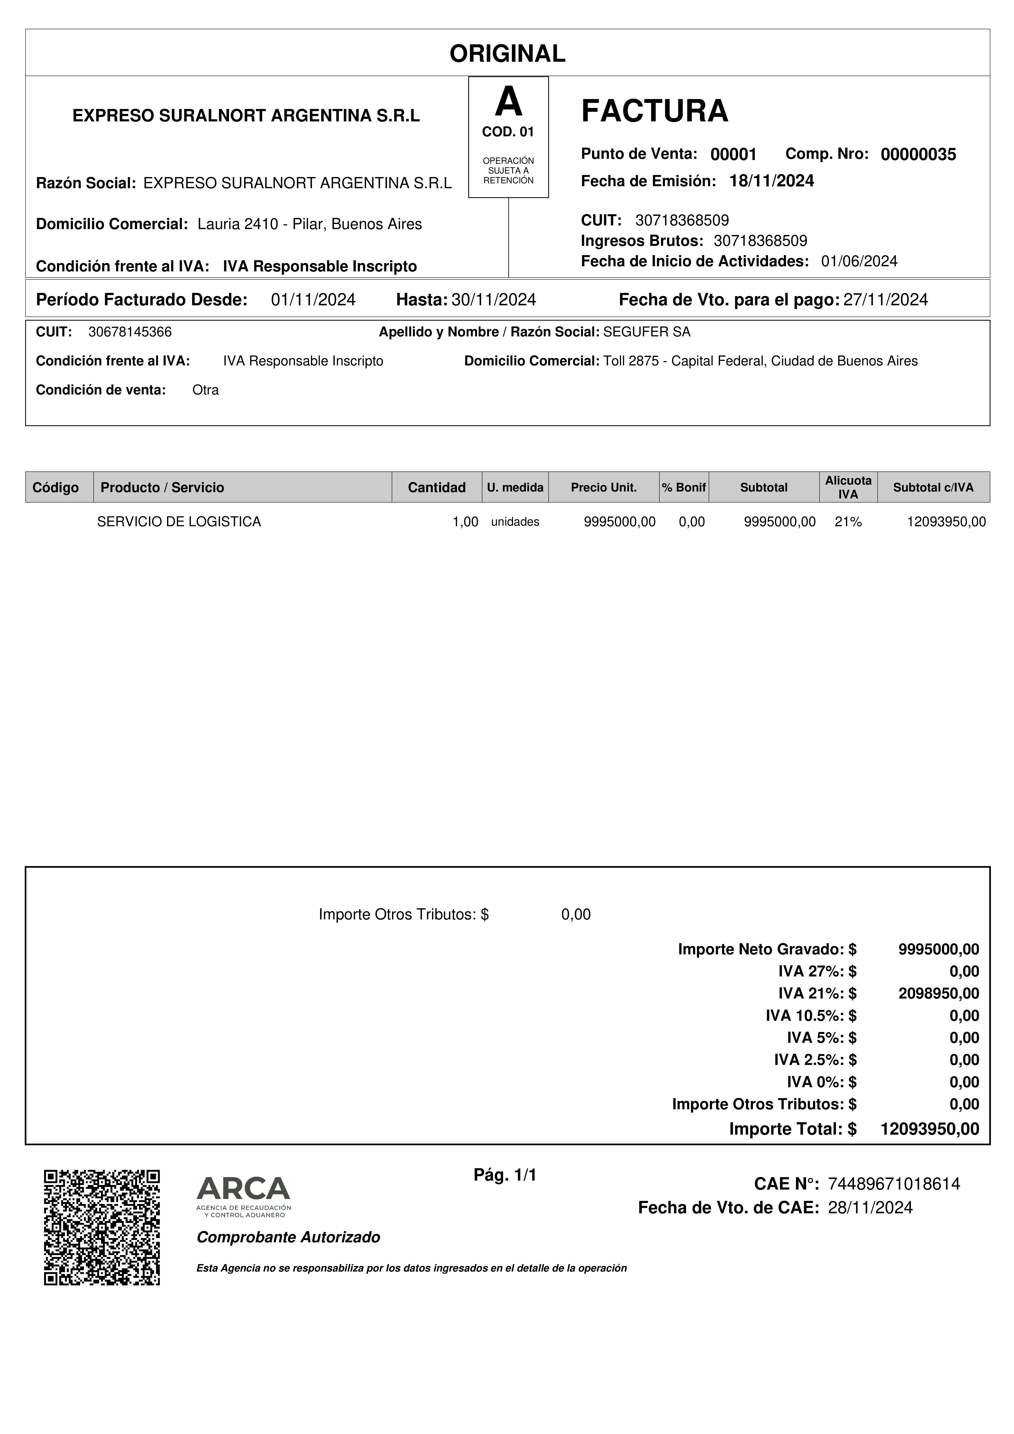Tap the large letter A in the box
point(508,102)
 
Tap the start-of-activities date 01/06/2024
point(859,261)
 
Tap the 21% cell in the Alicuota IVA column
point(848,522)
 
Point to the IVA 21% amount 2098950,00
point(938,993)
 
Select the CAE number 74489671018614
point(893,1183)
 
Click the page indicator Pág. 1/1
point(505,1175)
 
